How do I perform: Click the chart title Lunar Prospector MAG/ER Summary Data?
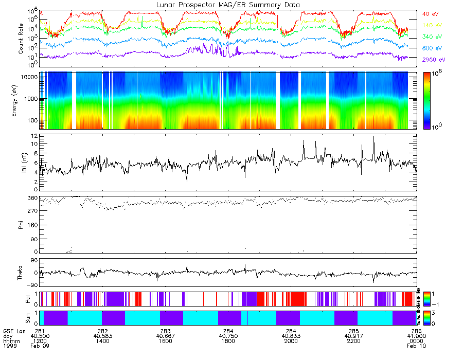[228, 5]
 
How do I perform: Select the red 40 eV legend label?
[430, 14]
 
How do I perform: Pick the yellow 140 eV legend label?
[431, 25]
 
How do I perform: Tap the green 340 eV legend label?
[431, 37]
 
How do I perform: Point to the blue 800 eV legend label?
[431, 48]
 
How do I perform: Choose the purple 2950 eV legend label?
[433, 60]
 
